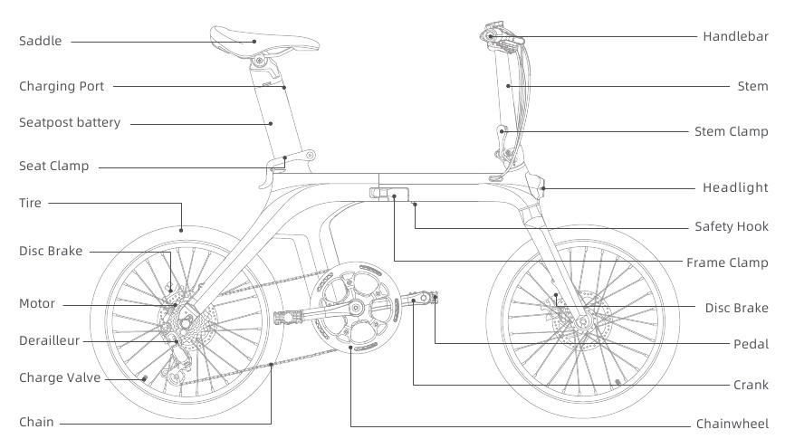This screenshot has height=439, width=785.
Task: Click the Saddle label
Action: [x=40, y=41]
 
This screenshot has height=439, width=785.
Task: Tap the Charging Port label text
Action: [x=62, y=87]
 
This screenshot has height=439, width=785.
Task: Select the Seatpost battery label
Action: [x=70, y=122]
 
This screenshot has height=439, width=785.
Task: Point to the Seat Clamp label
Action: [x=53, y=167]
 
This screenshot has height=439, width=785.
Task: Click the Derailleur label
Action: [x=49, y=341]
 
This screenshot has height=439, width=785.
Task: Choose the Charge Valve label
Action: [x=60, y=378]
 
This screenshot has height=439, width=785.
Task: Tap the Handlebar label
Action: [x=735, y=36]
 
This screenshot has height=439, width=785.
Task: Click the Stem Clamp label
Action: [x=731, y=131]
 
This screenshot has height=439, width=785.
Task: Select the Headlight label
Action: [x=735, y=187]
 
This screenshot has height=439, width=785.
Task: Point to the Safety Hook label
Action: [x=732, y=227]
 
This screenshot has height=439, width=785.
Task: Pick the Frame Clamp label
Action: [x=727, y=262]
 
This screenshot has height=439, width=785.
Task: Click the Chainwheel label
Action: [x=732, y=425]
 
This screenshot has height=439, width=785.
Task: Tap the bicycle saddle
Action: [x=263, y=41]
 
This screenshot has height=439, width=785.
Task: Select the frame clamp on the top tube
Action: [x=389, y=193]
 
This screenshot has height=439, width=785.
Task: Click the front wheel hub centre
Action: [x=582, y=321]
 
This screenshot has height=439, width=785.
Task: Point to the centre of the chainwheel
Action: [x=355, y=307]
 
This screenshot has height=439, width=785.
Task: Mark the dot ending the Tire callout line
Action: [x=181, y=230]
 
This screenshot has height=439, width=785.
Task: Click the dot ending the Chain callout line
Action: [x=271, y=365]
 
